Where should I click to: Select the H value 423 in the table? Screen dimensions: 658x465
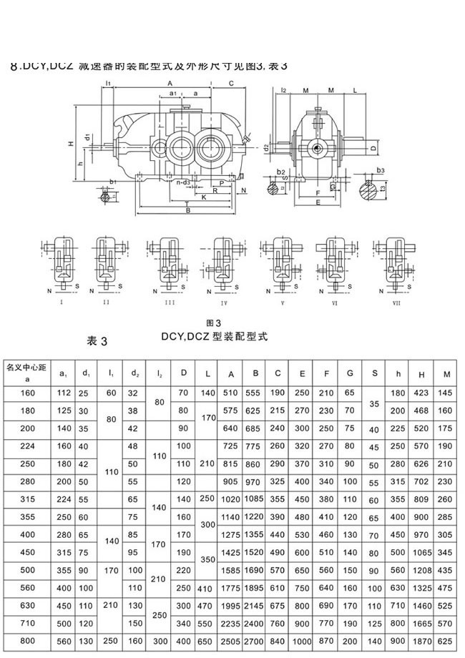point(423,393)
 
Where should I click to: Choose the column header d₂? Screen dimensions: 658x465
point(134,373)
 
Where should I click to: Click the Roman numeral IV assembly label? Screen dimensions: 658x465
point(224,302)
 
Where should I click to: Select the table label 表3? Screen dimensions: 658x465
point(96,340)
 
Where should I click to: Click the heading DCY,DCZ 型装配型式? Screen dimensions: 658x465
point(213,336)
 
